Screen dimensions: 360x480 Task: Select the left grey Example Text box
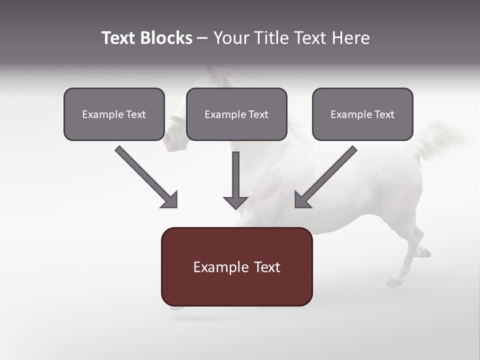[114, 114]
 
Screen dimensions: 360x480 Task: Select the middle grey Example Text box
[236, 114]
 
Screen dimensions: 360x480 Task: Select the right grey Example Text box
[362, 114]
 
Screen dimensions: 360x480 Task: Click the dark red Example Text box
[236, 267]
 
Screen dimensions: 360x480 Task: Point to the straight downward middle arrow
[235, 180]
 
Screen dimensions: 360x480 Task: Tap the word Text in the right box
[384, 114]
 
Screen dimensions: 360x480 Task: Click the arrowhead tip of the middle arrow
[235, 207]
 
